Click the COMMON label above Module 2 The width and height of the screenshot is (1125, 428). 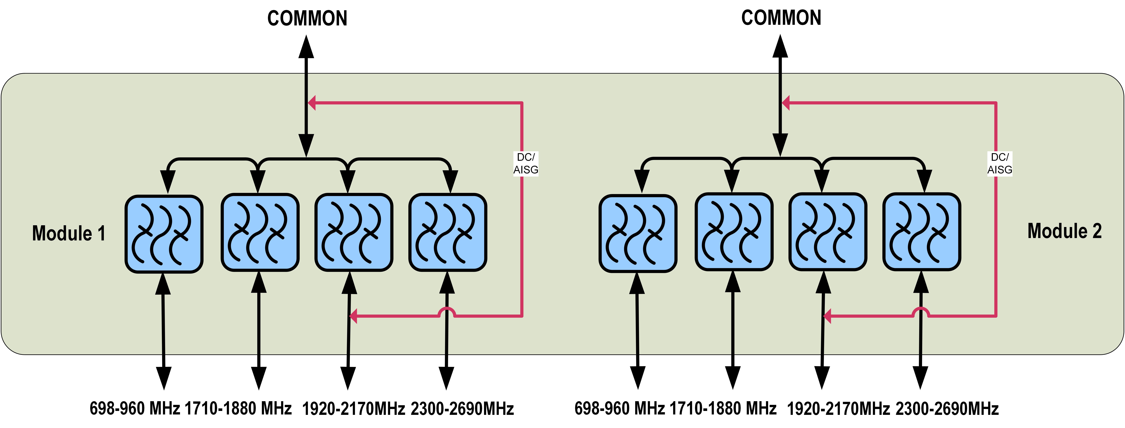point(781,18)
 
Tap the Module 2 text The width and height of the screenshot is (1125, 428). point(1064,231)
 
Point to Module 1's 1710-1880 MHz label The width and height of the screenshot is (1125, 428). point(238,408)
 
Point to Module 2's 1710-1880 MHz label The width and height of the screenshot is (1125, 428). point(723,408)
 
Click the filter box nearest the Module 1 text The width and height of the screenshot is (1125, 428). point(164,234)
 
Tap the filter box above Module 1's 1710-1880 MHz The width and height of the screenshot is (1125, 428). point(260,232)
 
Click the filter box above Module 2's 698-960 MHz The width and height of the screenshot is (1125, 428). point(638,234)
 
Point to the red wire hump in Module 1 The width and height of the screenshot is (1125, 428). point(447,311)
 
